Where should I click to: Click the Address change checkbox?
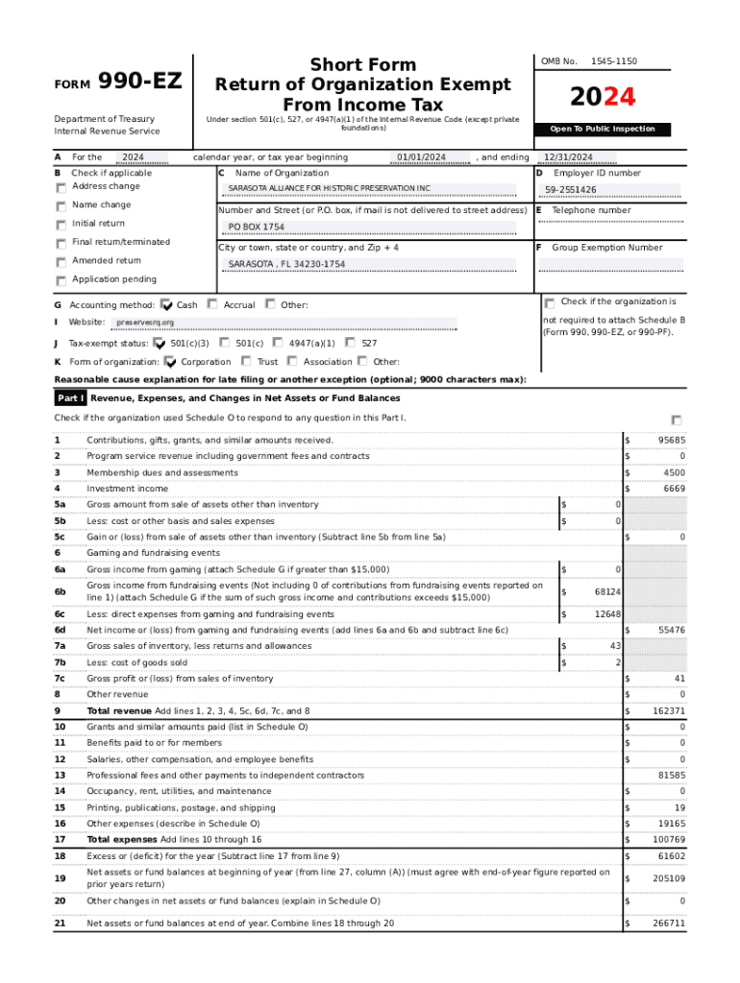[x=62, y=187]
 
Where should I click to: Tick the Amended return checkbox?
[x=62, y=262]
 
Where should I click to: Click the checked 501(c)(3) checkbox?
[x=160, y=343]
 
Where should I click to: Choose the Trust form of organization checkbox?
[x=247, y=362]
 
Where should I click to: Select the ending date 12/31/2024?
[x=567, y=157]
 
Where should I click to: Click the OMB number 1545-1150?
[x=613, y=61]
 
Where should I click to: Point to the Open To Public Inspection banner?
[x=603, y=129]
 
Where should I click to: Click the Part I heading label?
[x=71, y=397]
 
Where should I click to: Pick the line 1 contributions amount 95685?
[x=671, y=441]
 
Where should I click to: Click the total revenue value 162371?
[x=669, y=711]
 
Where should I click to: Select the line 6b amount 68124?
[x=606, y=592]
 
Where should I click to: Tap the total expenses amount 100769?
[x=669, y=840]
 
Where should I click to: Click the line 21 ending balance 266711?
[x=669, y=923]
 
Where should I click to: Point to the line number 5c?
[x=61, y=537]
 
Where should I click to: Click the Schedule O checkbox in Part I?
[x=677, y=420]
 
